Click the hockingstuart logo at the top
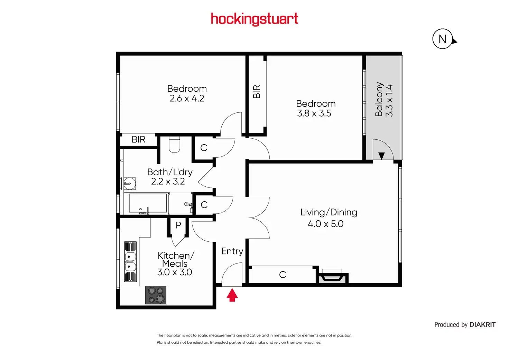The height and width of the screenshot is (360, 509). pyautogui.click(x=254, y=19)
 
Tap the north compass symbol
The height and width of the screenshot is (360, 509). pyautogui.click(x=443, y=39)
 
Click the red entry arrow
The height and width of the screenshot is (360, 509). pyautogui.click(x=232, y=295)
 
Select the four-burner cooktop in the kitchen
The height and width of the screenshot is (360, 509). pyautogui.click(x=156, y=295)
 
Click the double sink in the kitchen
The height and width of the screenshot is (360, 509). pyautogui.click(x=130, y=262)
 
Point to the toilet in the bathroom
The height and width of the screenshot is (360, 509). pyautogui.click(x=174, y=145)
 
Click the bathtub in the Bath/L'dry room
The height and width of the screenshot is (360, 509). pyautogui.click(x=148, y=203)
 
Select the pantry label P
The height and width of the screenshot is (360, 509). pyautogui.click(x=178, y=225)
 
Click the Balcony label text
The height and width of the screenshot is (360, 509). pyautogui.click(x=379, y=99)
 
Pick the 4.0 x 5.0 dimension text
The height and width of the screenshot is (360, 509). pyautogui.click(x=325, y=224)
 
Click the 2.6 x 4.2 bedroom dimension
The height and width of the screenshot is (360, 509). pyautogui.click(x=187, y=99)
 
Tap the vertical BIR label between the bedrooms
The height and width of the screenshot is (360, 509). pyautogui.click(x=257, y=92)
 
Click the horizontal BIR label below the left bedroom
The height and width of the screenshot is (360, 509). pyautogui.click(x=138, y=139)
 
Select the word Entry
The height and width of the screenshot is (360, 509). pyautogui.click(x=232, y=251)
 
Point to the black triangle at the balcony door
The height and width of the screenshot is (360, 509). pyautogui.click(x=381, y=156)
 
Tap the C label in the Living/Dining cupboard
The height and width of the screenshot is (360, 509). pyautogui.click(x=283, y=275)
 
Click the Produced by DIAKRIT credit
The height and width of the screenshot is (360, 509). pyautogui.click(x=465, y=325)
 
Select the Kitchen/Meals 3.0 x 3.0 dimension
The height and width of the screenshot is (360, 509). pyautogui.click(x=175, y=272)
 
